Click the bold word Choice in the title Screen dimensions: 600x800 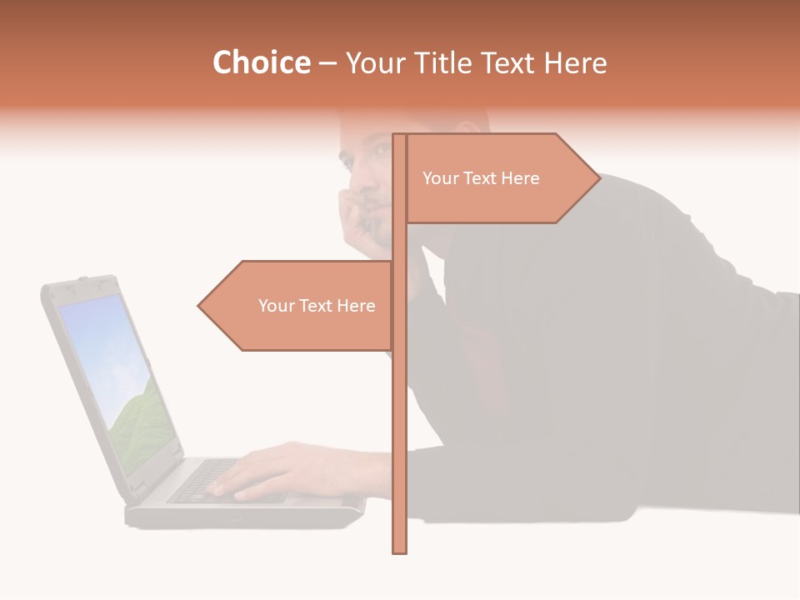[261, 63]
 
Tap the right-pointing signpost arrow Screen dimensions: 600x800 [500, 178]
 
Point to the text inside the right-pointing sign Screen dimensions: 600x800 [481, 178]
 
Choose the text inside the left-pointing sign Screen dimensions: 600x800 [317, 306]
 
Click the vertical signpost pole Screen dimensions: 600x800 [400, 417]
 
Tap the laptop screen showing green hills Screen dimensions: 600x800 [117, 375]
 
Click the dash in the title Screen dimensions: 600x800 [327, 63]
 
